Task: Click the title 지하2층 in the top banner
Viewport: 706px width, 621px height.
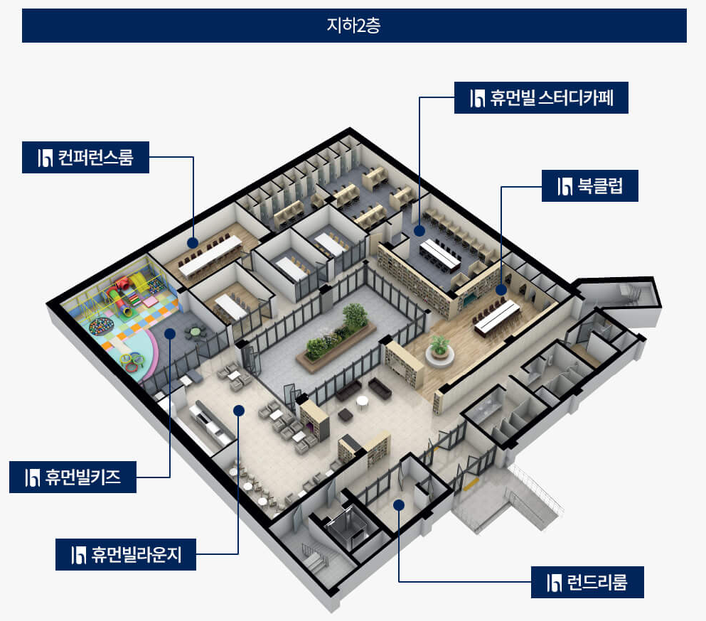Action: click(x=353, y=26)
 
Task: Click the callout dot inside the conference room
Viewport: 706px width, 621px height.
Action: click(x=193, y=242)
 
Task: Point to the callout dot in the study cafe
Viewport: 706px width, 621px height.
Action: click(x=420, y=230)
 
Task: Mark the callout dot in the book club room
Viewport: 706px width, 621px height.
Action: click(x=501, y=289)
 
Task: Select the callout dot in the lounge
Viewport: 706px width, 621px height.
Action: click(x=239, y=410)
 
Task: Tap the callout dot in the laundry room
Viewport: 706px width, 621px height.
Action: click(x=399, y=505)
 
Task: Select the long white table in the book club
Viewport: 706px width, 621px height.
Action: click(x=497, y=317)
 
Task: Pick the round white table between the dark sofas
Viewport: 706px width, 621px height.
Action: click(x=362, y=403)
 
